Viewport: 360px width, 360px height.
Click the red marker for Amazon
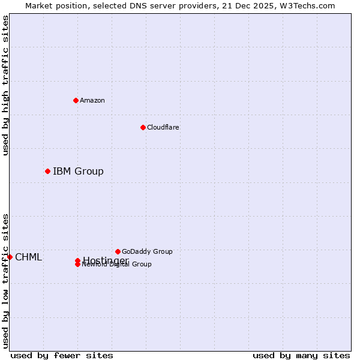[76, 100]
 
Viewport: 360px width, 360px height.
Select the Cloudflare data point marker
[143, 127]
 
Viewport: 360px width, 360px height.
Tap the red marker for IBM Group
[47, 172]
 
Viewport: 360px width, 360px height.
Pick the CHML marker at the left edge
[10, 257]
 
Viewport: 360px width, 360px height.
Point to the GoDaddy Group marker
[118, 251]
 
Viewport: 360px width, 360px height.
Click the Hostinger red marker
[77, 260]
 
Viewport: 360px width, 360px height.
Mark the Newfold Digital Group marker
[77, 265]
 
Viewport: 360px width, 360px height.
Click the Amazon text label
[92, 100]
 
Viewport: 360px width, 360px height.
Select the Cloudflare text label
[163, 127]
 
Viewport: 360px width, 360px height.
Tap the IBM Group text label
[78, 172]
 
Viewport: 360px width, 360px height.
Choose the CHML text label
[29, 257]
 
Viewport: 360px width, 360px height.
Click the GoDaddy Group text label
[147, 251]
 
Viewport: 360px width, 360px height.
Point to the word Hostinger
[106, 260]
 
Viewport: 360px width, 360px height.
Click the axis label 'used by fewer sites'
[62, 355]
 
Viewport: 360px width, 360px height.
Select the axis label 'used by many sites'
[301, 355]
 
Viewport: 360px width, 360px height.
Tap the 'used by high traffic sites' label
[5, 85]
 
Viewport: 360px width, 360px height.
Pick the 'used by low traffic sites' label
[5, 281]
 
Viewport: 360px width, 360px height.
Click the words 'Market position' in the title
[52, 5]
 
